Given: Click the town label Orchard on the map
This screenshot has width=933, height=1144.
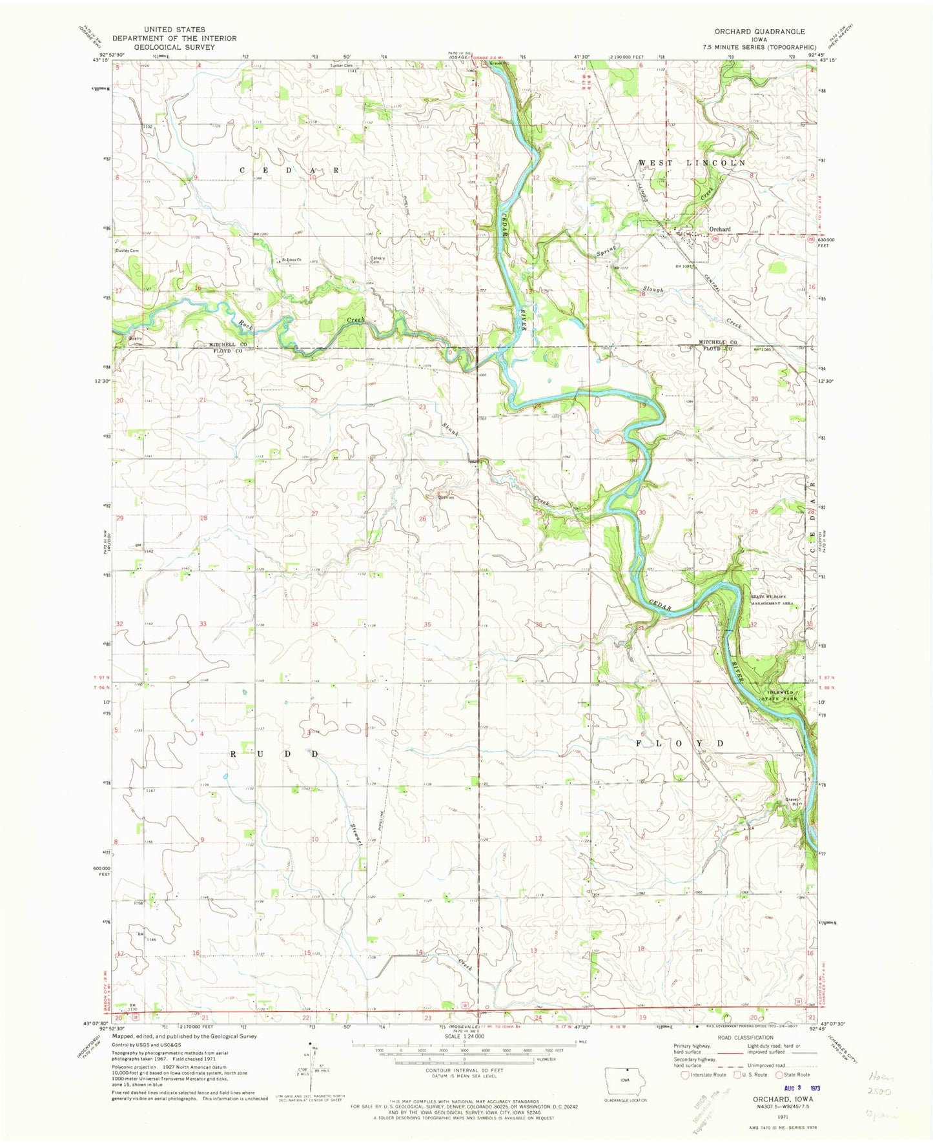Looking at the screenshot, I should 719,229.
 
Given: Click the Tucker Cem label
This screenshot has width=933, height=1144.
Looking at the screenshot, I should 342,65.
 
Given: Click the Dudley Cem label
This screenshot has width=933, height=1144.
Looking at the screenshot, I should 127,250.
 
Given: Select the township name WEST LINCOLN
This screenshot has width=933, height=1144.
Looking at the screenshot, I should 692,163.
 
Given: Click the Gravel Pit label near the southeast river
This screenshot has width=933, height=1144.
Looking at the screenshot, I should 794,802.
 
